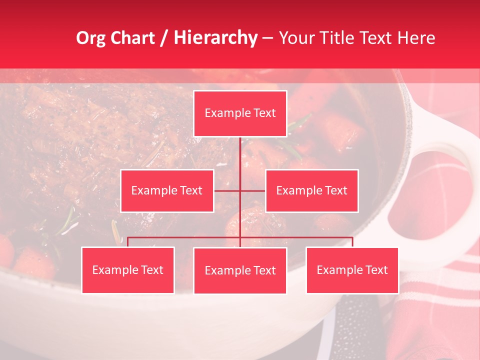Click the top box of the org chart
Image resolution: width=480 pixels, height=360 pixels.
click(x=240, y=113)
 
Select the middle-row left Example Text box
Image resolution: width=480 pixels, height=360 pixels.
click(x=167, y=190)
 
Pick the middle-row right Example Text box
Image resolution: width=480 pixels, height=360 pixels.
click(x=311, y=190)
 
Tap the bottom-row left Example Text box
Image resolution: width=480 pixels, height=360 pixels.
click(x=128, y=270)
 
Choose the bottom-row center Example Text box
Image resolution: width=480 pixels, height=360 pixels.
click(x=240, y=270)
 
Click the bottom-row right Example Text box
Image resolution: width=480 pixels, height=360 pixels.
click(x=352, y=270)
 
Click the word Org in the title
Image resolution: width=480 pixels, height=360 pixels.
click(x=90, y=38)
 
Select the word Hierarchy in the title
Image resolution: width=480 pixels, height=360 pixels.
click(x=215, y=38)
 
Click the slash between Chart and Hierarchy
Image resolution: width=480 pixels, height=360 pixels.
click(x=164, y=38)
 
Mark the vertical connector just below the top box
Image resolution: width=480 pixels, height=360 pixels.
click(x=240, y=150)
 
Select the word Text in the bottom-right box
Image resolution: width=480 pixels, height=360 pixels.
click(x=376, y=270)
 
